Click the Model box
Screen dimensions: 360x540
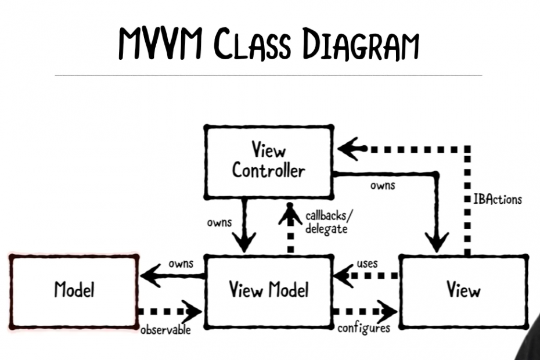[x=74, y=289]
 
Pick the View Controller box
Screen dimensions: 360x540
[x=268, y=161]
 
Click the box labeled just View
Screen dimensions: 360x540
[x=463, y=289]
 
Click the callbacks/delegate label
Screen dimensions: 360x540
[x=328, y=223]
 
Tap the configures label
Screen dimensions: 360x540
[x=364, y=329]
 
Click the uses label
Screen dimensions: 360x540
[x=367, y=264]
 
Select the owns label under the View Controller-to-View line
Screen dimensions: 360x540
[x=383, y=186]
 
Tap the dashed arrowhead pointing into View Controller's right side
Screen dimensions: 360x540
[x=349, y=149]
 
